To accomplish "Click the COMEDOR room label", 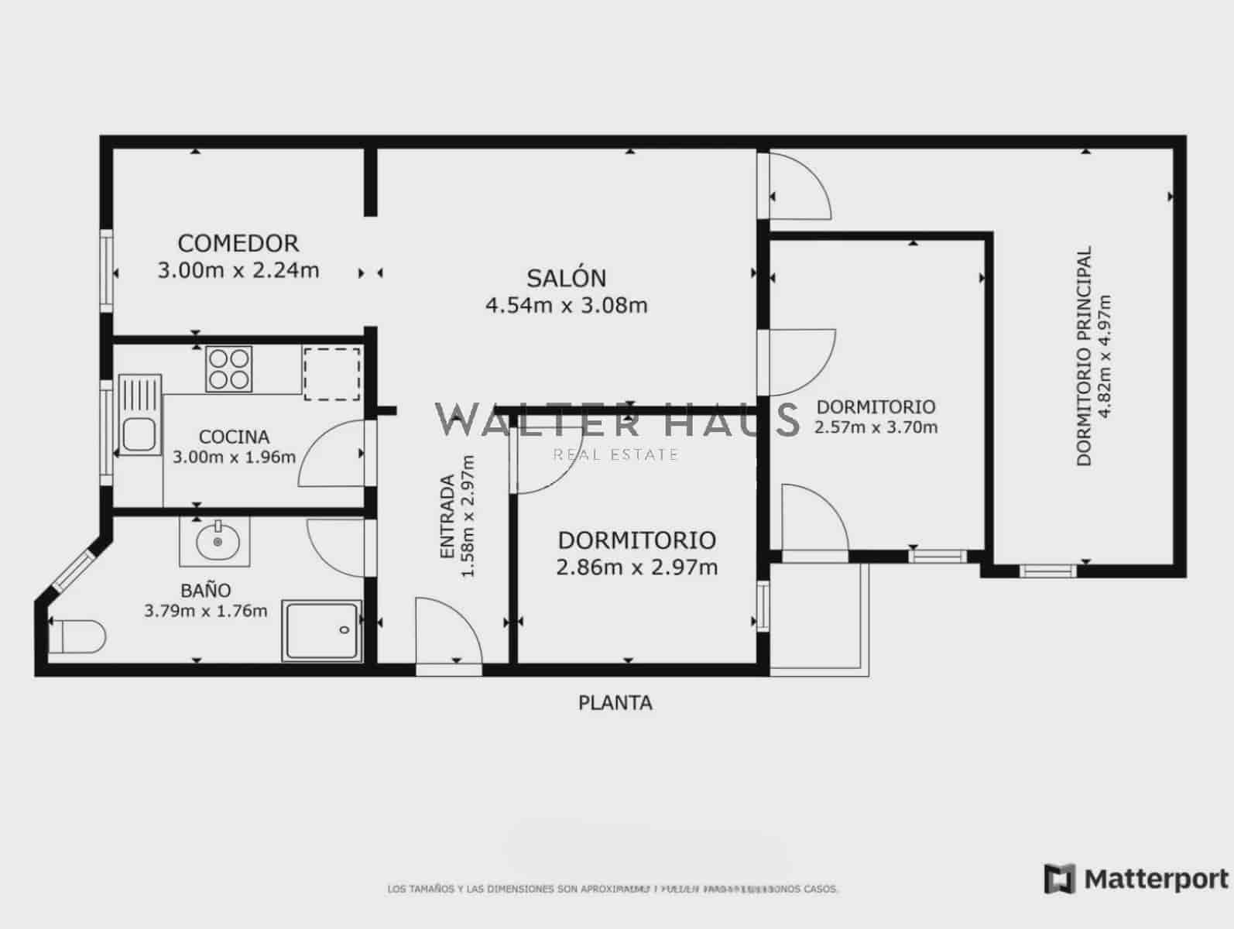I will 238,243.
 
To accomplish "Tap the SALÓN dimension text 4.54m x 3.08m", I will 566,305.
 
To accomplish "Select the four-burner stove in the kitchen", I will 229,369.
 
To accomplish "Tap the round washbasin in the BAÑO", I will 216,542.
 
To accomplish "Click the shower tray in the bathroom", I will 321,630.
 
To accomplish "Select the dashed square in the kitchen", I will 331,375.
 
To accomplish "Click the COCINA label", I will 234,437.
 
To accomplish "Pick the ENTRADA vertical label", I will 447,516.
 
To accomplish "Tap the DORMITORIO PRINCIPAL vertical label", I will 1084,355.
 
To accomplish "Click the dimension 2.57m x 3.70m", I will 876,427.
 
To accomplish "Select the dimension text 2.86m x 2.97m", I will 636,567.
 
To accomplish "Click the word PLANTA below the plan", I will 615,703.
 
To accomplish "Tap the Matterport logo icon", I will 1059,879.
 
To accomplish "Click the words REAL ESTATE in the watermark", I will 615,454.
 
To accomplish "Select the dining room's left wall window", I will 107,271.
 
